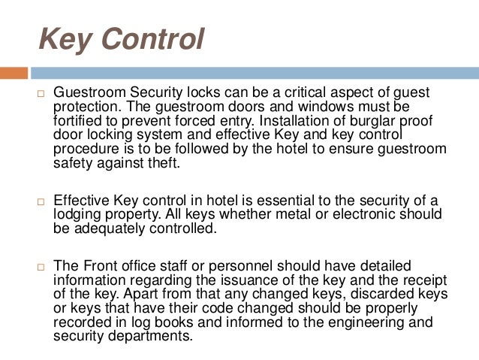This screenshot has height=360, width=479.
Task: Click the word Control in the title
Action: [152, 39]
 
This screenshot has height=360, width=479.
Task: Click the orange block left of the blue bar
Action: [14, 73]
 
